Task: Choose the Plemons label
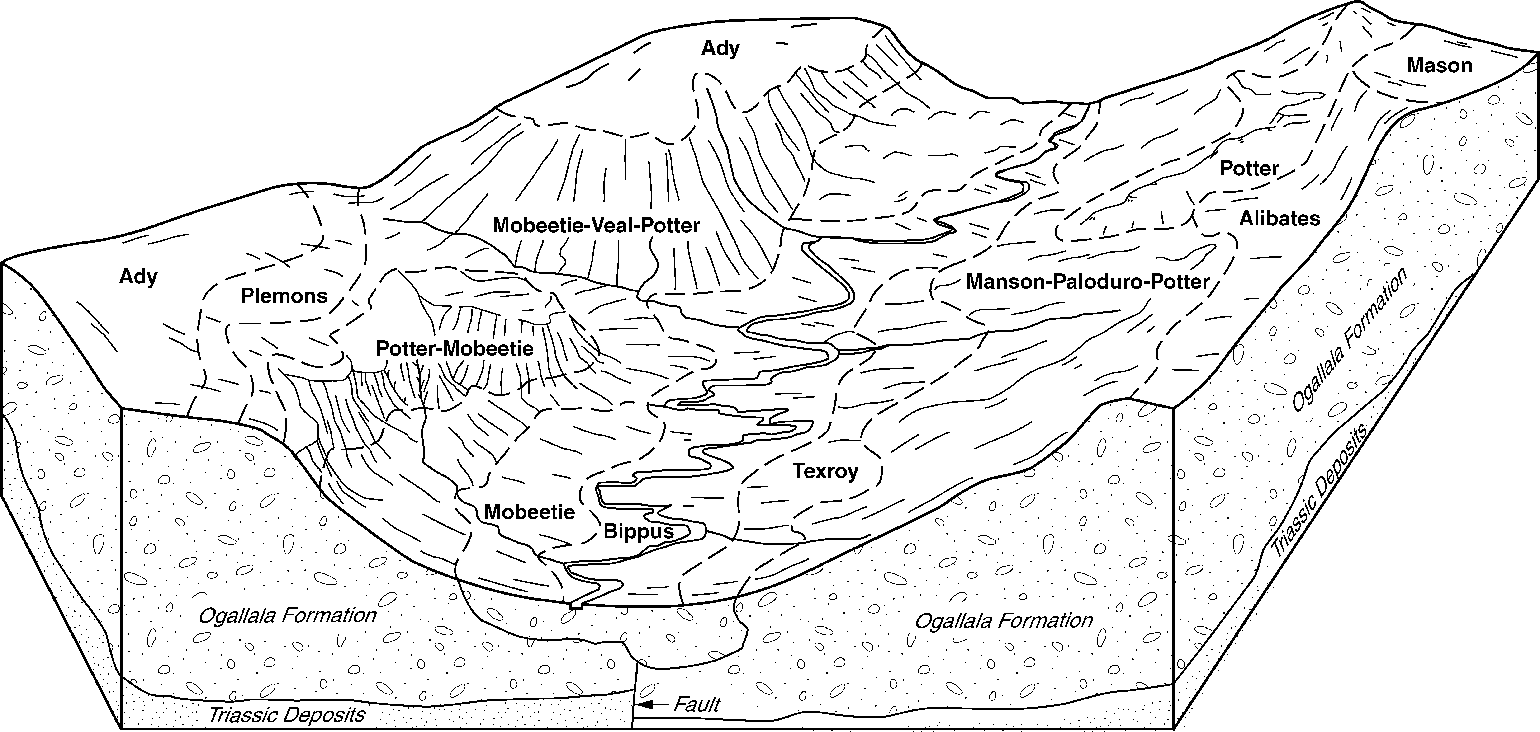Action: pos(284,296)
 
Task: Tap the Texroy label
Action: pos(826,471)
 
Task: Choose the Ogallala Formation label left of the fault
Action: pos(288,615)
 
